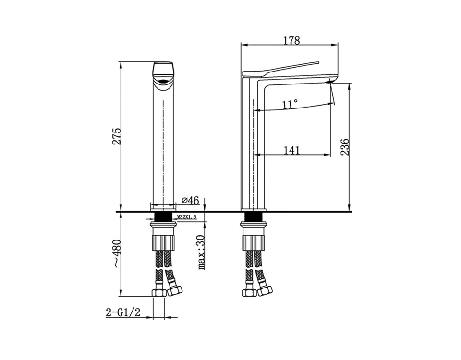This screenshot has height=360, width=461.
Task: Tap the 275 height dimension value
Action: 117,136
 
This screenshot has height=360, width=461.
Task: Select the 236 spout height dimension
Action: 345,147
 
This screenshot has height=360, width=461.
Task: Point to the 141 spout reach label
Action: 292,150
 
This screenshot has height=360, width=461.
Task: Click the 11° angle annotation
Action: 290,104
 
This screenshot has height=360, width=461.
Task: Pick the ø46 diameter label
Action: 191,200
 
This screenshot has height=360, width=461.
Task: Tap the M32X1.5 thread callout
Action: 186,217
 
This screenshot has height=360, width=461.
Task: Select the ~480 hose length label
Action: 117,253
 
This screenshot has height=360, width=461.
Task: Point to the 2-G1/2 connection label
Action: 122,312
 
